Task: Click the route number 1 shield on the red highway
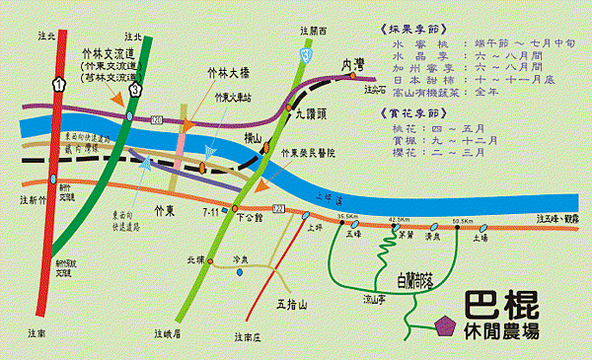pyautogui.click(x=60, y=86)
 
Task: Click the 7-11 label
pyautogui.click(x=212, y=211)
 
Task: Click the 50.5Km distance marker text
pyautogui.click(x=462, y=220)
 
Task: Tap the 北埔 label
pyautogui.click(x=198, y=260)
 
